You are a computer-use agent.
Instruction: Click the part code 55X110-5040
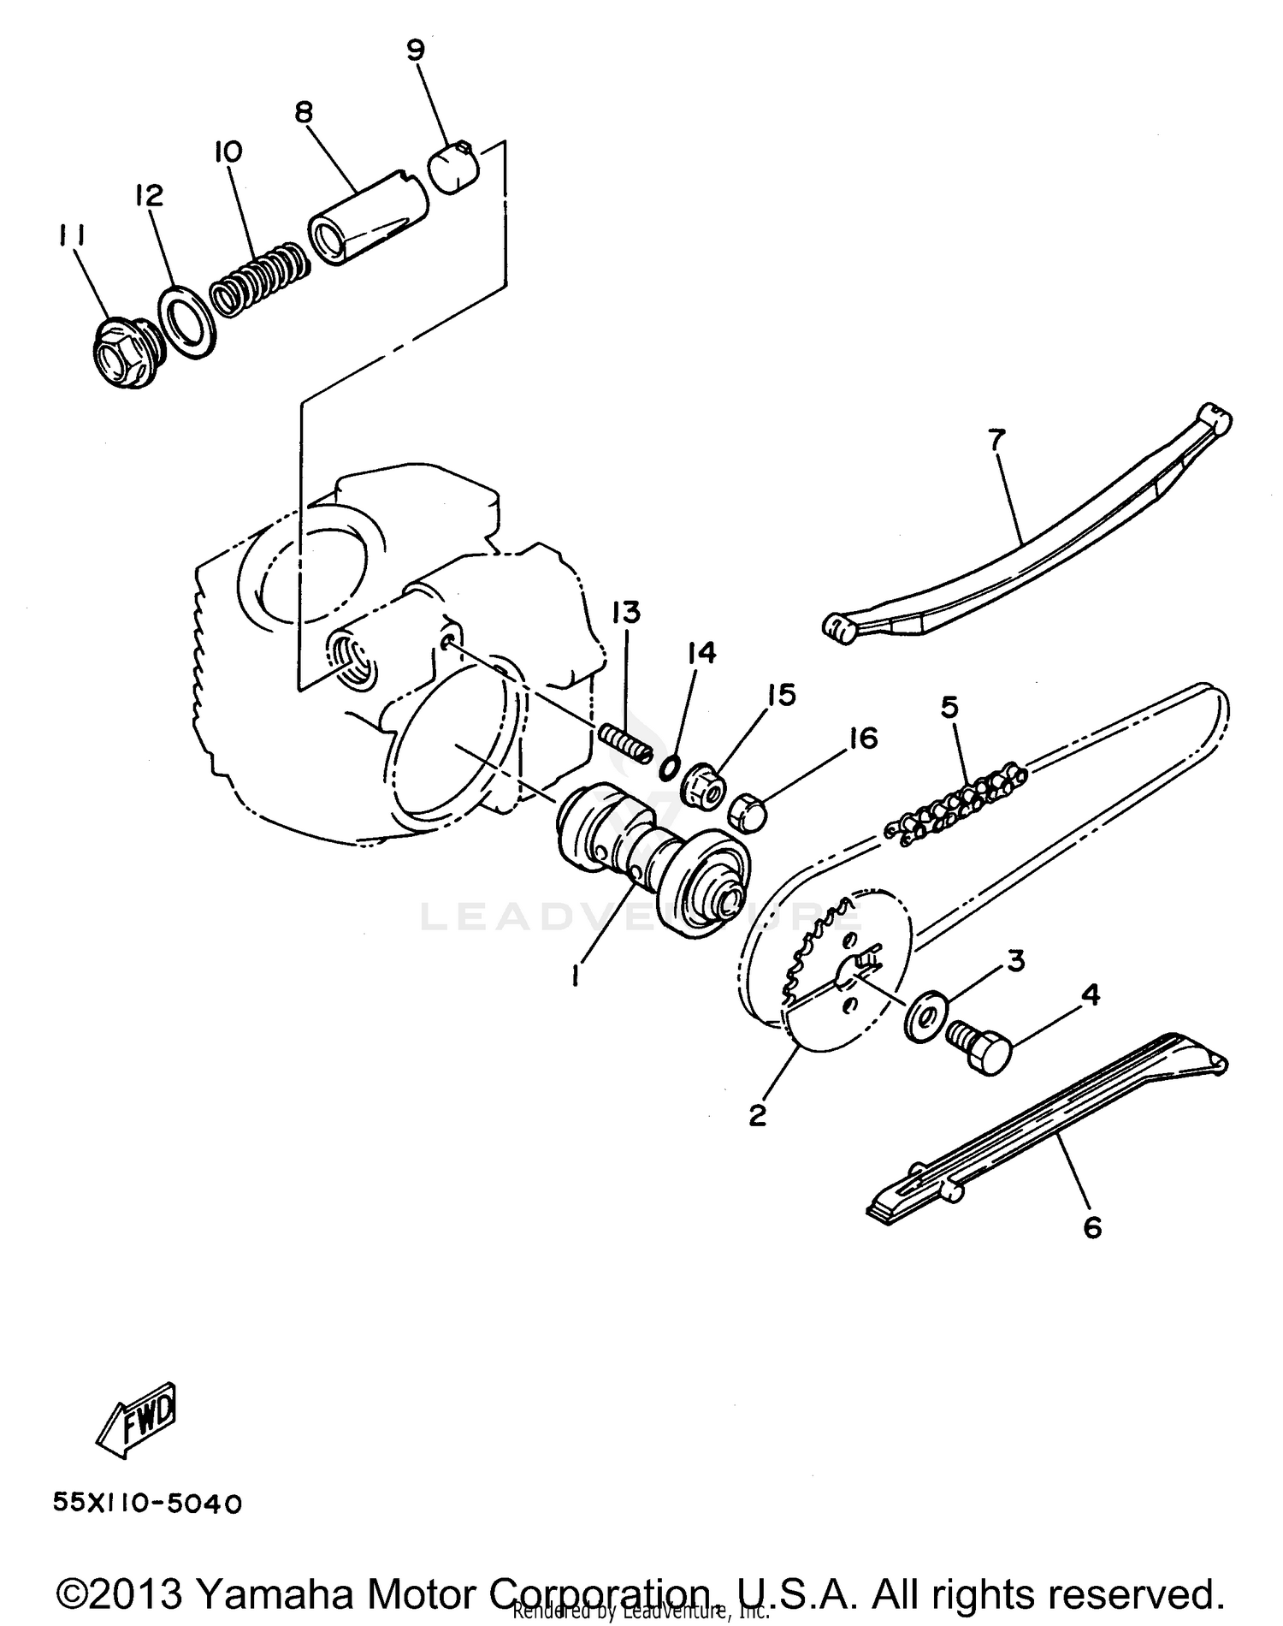(x=147, y=1504)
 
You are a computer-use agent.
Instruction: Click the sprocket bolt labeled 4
(x=980, y=1045)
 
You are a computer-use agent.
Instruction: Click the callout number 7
(x=996, y=439)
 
